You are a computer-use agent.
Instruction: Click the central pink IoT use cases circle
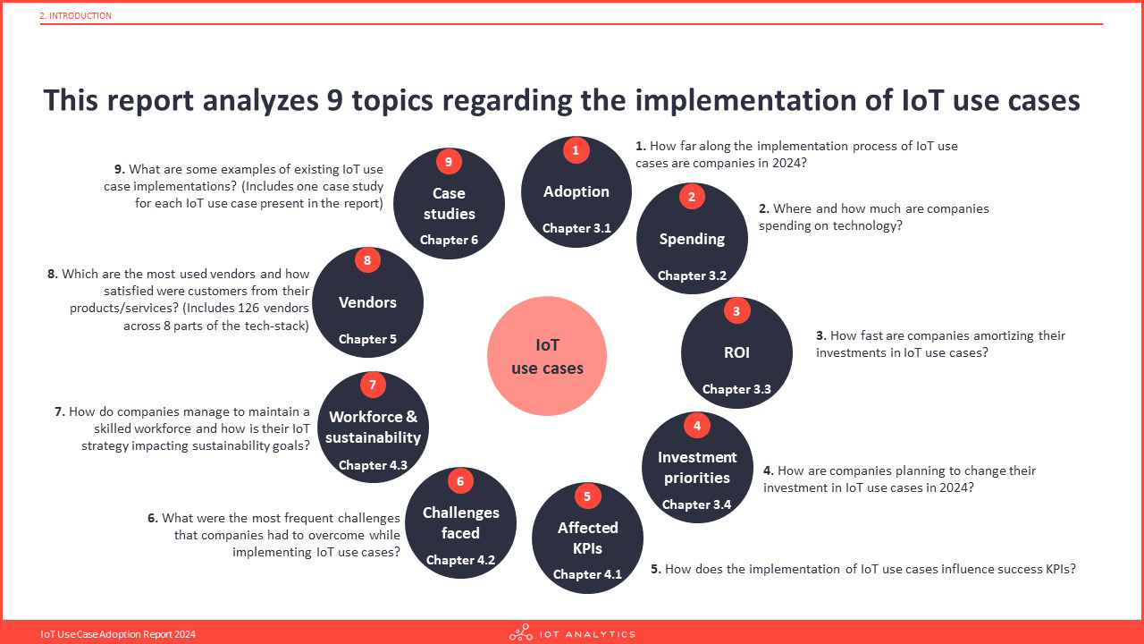coord(547,356)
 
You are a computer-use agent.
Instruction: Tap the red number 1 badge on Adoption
coord(576,151)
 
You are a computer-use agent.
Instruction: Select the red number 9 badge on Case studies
coord(449,162)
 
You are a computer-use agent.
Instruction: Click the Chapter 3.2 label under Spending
coord(692,275)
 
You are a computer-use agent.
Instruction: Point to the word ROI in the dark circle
coord(736,352)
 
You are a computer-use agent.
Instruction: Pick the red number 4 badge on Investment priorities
coord(697,425)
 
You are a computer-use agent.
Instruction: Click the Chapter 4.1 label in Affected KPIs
coord(587,574)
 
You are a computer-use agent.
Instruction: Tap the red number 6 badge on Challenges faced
coord(460,481)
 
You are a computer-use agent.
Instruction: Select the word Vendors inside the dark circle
coord(367,302)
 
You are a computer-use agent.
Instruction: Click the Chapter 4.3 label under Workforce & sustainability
coord(373,465)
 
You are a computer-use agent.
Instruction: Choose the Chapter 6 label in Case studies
coord(449,240)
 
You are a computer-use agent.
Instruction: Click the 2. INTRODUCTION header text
coord(76,16)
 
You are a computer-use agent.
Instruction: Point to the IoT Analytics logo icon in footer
coord(521,632)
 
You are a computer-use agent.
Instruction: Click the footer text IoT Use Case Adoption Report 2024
coord(118,634)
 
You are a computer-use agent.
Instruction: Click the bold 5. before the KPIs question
coord(656,569)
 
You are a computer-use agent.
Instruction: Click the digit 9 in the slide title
coord(335,100)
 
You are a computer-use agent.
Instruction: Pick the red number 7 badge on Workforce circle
coord(373,385)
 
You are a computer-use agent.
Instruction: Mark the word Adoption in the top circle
coord(576,191)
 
